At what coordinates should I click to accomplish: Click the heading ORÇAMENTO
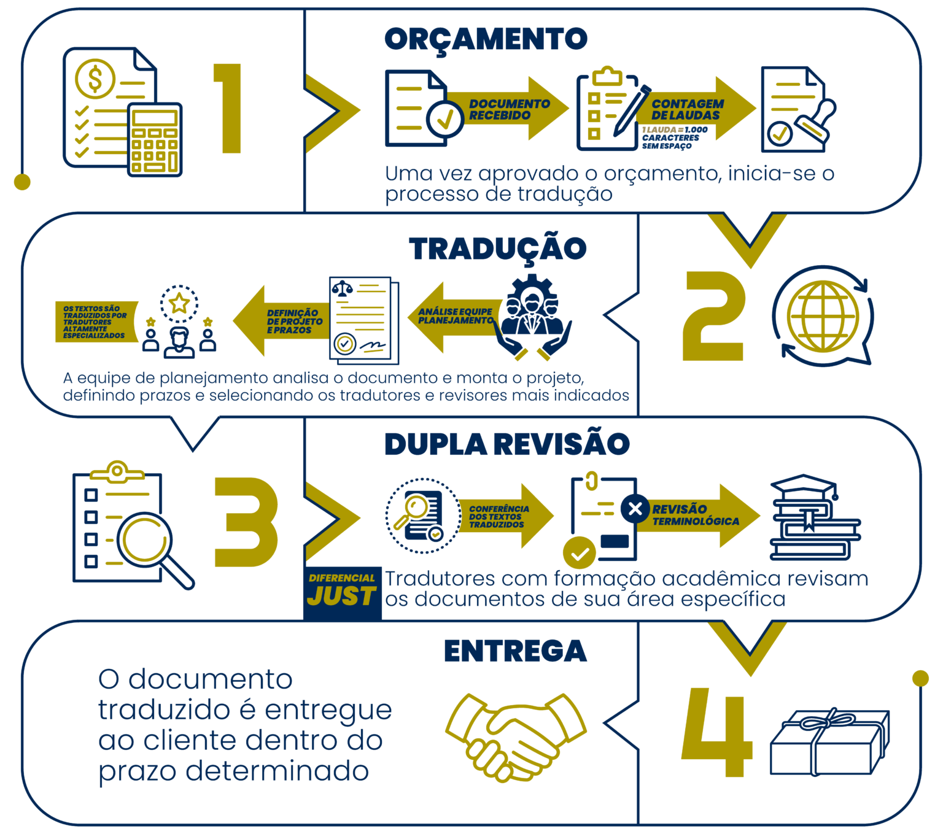point(486,39)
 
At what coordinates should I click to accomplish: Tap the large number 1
point(228,108)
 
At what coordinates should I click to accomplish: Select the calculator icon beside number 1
point(155,140)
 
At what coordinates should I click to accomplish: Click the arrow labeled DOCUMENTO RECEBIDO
point(507,109)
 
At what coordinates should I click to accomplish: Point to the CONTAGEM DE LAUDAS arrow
point(696,109)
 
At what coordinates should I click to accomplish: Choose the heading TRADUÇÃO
point(497,249)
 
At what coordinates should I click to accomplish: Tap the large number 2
point(713,316)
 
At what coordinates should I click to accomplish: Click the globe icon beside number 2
point(823,317)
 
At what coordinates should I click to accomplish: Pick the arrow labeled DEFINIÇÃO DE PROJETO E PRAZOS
point(282,321)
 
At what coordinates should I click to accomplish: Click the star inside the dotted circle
point(179,303)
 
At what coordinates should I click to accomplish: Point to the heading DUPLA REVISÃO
point(507,444)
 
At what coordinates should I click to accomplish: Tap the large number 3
point(246,522)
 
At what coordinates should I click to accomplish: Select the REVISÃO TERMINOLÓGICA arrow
point(698,515)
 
